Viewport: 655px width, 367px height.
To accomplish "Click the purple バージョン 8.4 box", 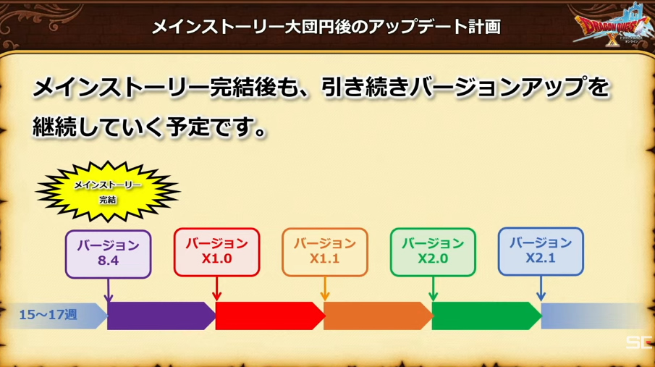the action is [108, 254].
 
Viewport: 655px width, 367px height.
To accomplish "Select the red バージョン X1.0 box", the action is [216, 252].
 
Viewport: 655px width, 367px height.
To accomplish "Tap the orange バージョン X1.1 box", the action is [324, 252].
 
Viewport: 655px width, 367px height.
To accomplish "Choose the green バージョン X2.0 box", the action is [433, 252].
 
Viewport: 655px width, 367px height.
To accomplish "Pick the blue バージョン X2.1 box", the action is [541, 252].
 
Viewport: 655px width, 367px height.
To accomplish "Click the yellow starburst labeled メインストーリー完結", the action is [108, 192].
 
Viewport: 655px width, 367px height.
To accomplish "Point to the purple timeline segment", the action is [161, 316].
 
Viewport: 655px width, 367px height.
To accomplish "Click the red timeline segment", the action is [270, 316].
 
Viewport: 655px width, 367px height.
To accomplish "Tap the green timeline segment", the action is [486, 316].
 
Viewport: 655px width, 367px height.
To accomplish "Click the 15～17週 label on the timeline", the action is [48, 315].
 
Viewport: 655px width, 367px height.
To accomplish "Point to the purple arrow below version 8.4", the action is [108, 290].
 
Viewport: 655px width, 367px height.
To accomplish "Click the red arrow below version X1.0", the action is [216, 288].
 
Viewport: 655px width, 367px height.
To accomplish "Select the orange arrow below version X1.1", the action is [324, 288].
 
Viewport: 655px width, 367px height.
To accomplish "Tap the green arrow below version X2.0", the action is [434, 288].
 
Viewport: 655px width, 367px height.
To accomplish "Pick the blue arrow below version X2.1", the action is [541, 288].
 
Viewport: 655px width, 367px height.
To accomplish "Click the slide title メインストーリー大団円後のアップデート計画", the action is [326, 27].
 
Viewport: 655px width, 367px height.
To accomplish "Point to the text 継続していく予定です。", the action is [150, 127].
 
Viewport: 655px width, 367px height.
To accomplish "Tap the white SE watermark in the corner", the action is [640, 342].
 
